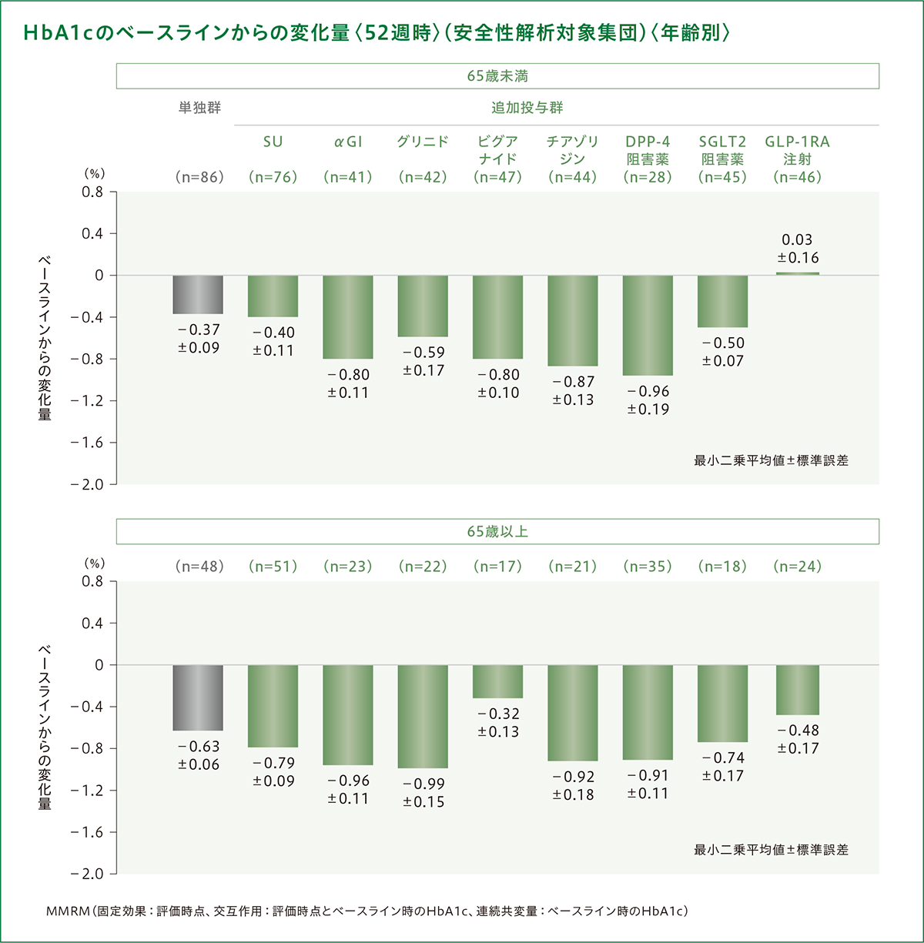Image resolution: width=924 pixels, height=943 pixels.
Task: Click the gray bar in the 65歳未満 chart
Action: (x=198, y=294)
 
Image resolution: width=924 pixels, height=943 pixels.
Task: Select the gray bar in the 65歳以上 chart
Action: (x=198, y=697)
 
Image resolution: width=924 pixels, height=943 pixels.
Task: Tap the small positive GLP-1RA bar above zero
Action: (x=797, y=273)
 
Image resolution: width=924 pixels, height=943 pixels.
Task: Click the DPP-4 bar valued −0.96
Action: (x=648, y=325)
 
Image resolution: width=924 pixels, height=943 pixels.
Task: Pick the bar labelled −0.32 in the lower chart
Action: (x=497, y=681)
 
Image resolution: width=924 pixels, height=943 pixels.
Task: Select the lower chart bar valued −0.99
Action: (x=423, y=716)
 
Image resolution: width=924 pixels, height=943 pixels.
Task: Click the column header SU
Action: (x=273, y=142)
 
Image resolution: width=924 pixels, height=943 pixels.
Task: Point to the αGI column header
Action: (x=348, y=142)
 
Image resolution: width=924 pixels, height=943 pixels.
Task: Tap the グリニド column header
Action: (x=423, y=142)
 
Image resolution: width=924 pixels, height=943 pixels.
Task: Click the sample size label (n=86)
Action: (x=199, y=177)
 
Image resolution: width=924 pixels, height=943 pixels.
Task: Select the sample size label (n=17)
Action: (x=497, y=567)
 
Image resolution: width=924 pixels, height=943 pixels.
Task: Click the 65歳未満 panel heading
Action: (x=497, y=76)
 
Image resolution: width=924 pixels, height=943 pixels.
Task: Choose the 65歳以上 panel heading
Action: (x=497, y=532)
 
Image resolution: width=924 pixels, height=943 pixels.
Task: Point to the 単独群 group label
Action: (x=199, y=108)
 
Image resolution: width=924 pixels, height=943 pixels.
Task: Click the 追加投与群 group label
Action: (x=527, y=108)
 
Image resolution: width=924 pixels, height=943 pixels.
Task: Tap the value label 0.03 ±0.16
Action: (x=798, y=249)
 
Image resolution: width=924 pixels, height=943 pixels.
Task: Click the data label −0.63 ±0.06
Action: (x=199, y=755)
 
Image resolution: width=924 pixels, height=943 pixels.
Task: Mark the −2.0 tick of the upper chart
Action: (x=87, y=484)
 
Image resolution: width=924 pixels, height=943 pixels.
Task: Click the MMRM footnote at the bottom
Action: (x=367, y=911)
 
